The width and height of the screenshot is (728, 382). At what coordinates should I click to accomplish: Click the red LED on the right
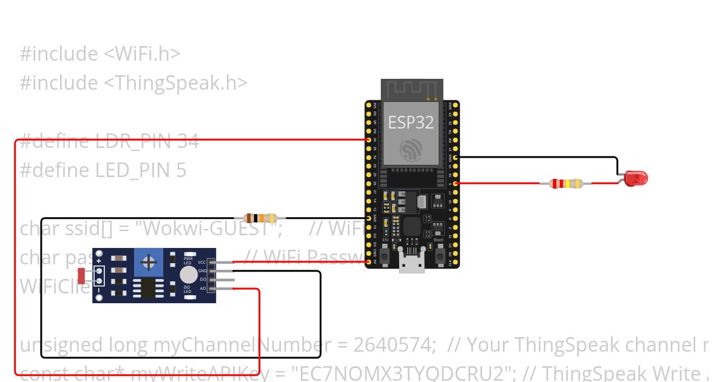click(636, 178)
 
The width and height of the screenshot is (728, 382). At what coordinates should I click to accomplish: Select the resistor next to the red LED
click(566, 183)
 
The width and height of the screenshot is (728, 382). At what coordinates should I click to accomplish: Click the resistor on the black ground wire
click(260, 218)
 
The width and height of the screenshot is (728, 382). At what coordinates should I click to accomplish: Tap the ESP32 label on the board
click(411, 122)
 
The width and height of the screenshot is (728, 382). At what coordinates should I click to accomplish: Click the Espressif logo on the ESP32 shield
click(411, 149)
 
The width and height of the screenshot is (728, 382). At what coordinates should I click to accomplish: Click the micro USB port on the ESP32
click(411, 266)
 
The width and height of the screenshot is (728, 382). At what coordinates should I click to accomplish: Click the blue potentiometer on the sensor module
click(147, 261)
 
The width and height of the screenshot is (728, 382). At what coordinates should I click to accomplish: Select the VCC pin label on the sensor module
click(202, 262)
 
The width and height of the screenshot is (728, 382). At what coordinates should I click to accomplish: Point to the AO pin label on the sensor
click(203, 288)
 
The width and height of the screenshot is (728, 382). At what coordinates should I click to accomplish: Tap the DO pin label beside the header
click(203, 280)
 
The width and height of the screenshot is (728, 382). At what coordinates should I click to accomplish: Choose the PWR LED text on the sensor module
click(187, 261)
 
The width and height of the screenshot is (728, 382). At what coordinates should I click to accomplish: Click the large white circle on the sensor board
click(188, 275)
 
